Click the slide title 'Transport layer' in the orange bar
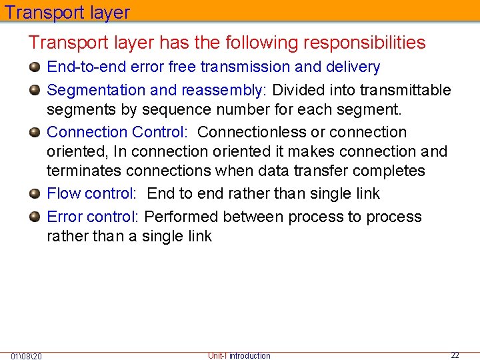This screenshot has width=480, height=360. tap(67, 12)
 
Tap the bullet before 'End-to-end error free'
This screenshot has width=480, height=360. tap(35, 67)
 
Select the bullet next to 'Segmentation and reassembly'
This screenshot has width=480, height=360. tap(35, 89)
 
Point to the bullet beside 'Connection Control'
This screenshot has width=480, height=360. tap(35, 132)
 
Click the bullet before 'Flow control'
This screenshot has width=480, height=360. tap(35, 193)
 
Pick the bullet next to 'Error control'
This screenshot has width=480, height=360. tap(35, 217)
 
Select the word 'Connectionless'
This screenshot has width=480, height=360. tap(252, 133)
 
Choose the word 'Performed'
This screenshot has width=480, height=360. tap(181, 217)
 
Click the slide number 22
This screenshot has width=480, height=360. tap(455, 355)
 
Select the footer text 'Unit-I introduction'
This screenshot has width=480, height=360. tap(239, 356)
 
